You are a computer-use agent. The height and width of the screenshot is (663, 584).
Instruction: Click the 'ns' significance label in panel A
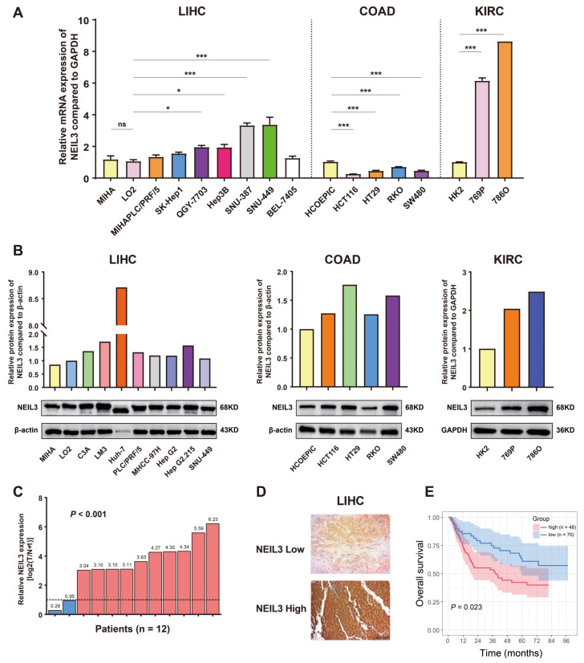click(122, 125)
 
